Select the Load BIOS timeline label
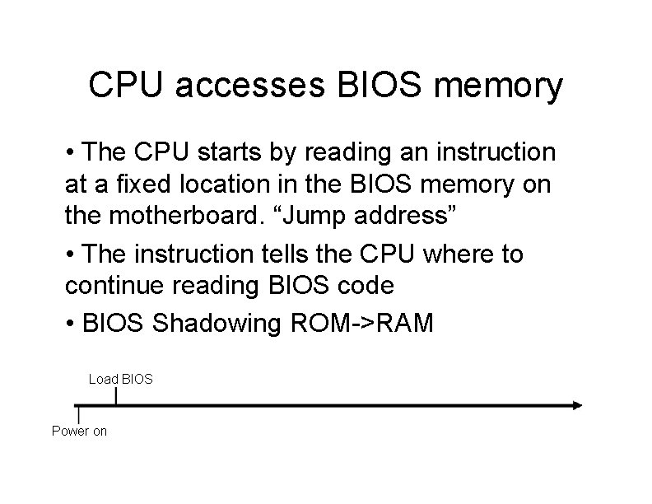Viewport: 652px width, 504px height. coord(121,380)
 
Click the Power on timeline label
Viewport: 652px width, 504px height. coord(80,431)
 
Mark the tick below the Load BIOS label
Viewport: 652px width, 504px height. coord(115,397)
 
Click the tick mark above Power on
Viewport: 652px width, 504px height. coord(77,413)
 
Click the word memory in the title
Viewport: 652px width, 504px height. coord(495,86)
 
